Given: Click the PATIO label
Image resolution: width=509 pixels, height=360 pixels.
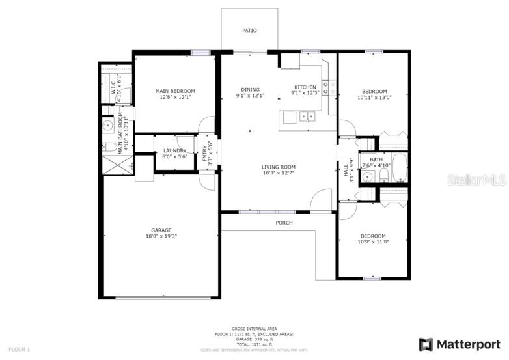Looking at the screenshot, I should click(249, 31).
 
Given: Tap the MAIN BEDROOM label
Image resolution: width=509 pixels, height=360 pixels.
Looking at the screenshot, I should click(174, 91).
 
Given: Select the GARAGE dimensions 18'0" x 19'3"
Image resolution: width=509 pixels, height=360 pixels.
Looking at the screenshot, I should click(161, 236).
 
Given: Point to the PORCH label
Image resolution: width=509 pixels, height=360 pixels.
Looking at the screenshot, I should click(284, 223).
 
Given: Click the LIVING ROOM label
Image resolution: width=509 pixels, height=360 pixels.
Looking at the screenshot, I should click(279, 167).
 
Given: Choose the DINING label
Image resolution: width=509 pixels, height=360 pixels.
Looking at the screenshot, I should click(250, 90).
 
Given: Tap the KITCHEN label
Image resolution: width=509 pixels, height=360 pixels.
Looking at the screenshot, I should click(305, 87).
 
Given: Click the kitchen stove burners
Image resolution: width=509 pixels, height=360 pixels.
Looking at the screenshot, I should click(329, 88).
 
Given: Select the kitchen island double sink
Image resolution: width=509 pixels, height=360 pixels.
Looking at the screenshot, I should click(308, 117).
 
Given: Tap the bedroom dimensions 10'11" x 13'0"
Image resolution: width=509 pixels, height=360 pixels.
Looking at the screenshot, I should click(374, 98).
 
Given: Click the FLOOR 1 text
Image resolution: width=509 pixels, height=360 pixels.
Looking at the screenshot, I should click(19, 350).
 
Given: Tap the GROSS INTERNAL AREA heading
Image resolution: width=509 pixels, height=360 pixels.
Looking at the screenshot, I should click(254, 329).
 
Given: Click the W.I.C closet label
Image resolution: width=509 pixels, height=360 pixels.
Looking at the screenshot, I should click(113, 92).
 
